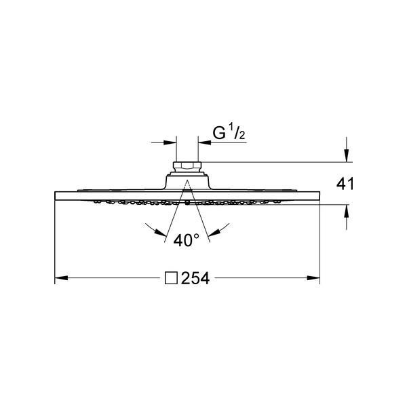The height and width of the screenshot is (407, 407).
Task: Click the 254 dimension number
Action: (195, 278)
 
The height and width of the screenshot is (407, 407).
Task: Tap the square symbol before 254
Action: (172, 278)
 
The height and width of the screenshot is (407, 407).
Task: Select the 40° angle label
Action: (187, 240)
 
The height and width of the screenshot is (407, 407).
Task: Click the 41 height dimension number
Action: (345, 184)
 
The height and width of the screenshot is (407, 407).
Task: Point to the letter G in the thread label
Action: (219, 134)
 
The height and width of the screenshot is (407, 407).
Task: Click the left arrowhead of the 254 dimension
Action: (61, 278)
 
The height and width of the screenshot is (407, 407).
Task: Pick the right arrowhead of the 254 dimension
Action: (313, 278)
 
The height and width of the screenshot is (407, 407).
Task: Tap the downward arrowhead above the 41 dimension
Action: (346, 155)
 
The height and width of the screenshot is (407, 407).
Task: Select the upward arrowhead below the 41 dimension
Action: (346, 211)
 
